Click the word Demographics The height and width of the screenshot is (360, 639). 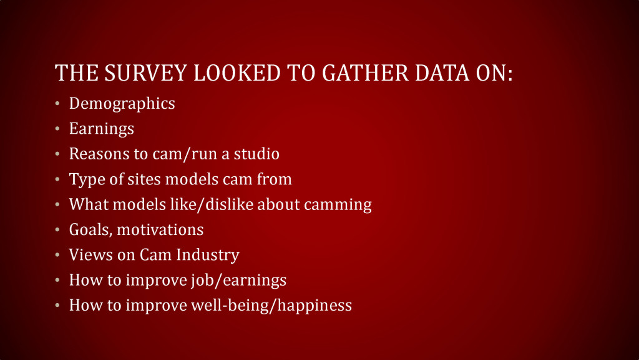click(x=122, y=104)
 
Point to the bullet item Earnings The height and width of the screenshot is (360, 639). click(x=102, y=129)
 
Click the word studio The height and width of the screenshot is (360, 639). click(x=256, y=154)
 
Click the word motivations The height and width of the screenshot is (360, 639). click(x=160, y=230)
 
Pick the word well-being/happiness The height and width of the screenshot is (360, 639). click(x=271, y=306)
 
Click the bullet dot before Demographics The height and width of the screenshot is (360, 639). click(x=57, y=104)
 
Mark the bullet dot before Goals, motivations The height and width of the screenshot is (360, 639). click(x=57, y=230)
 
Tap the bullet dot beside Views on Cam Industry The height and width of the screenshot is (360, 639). click(x=57, y=255)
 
